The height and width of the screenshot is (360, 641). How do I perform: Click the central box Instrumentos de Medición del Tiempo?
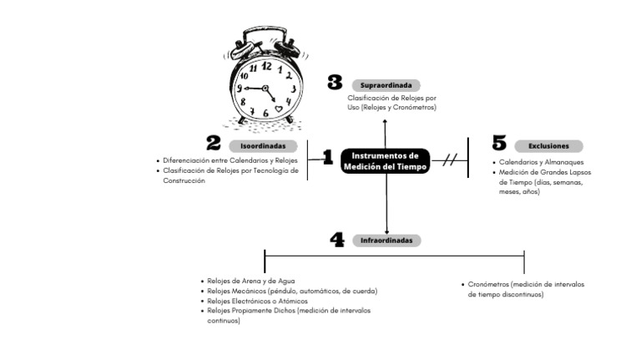(x=385, y=161)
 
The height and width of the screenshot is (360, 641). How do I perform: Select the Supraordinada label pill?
(x=386, y=85)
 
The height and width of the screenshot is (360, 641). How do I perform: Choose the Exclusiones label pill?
(x=548, y=145)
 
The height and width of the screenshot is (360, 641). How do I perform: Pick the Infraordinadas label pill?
(x=386, y=240)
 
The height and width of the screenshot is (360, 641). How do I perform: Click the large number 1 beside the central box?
(x=327, y=156)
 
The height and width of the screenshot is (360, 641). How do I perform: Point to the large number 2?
(x=214, y=144)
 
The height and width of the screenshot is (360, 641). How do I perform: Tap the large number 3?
(x=335, y=82)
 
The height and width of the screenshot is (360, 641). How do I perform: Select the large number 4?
(x=337, y=240)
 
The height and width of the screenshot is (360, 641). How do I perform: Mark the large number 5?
(x=499, y=143)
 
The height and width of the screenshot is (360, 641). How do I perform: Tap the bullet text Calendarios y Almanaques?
(x=542, y=162)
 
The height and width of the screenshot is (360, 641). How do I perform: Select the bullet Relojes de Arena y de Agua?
(x=250, y=281)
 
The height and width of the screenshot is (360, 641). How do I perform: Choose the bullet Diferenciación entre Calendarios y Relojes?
(x=230, y=160)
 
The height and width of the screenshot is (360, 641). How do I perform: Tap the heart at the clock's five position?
(x=279, y=109)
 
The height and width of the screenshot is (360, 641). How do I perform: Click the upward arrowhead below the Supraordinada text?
(x=386, y=121)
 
